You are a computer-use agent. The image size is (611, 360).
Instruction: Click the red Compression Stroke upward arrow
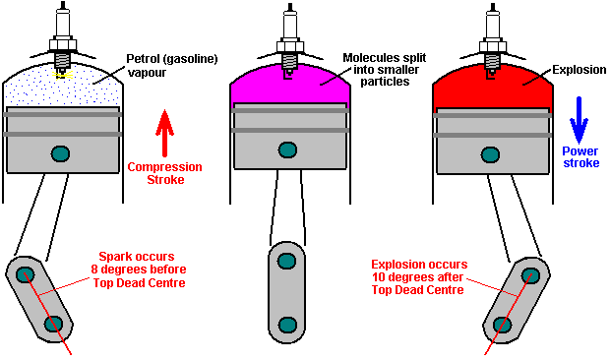click(x=164, y=133)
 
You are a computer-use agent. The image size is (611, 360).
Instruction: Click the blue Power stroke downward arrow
click(x=580, y=120)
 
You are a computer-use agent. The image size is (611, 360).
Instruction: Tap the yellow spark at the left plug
click(x=62, y=75)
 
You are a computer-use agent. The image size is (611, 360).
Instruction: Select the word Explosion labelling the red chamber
click(x=580, y=70)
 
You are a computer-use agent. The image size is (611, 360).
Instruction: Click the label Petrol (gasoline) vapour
click(x=172, y=66)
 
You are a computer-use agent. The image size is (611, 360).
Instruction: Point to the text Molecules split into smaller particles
click(x=385, y=70)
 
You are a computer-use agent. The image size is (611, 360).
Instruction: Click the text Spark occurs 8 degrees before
click(x=139, y=263)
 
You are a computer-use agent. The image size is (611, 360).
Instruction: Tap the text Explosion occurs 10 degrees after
click(x=419, y=270)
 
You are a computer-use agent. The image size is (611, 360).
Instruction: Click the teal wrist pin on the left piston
click(x=60, y=153)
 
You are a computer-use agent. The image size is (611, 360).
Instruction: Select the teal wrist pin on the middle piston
click(x=288, y=150)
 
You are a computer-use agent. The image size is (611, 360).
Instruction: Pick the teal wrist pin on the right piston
click(x=491, y=154)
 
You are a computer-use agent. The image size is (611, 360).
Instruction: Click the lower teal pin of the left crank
click(x=53, y=324)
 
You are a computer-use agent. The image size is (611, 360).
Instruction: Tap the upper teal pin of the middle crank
click(x=286, y=261)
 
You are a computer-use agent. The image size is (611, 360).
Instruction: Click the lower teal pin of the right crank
click(x=502, y=325)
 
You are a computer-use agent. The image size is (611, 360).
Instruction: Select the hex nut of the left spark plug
click(x=62, y=44)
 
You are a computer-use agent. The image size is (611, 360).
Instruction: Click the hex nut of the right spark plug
click(x=493, y=46)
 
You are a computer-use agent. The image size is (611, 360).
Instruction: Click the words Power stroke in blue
click(x=580, y=157)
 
